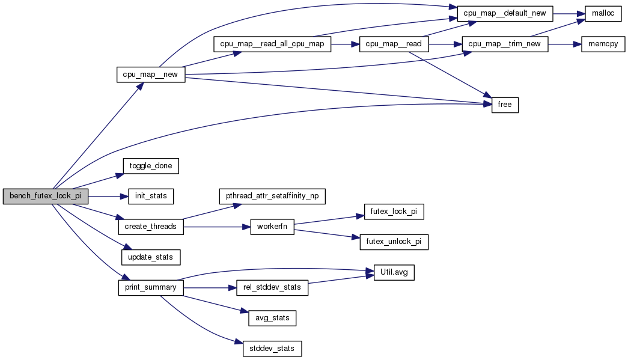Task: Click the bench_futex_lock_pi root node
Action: (x=45, y=197)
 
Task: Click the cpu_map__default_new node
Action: (x=505, y=13)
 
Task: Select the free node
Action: (x=505, y=105)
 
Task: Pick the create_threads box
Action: (x=150, y=227)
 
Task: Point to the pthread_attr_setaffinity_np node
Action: (x=272, y=196)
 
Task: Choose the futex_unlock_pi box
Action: (x=394, y=242)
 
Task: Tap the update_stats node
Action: (x=151, y=257)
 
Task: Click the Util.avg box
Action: (x=394, y=272)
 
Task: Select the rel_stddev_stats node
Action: (x=272, y=288)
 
